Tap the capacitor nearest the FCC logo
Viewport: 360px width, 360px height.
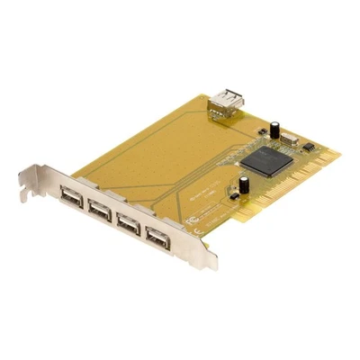(x=244, y=184)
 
